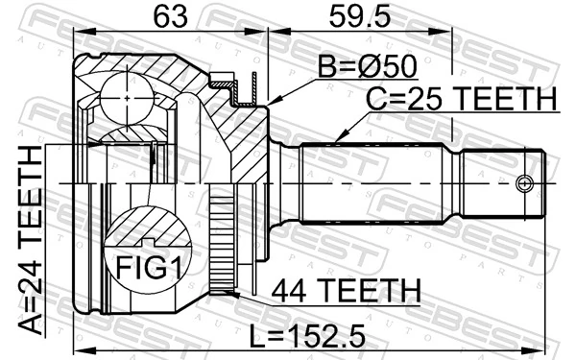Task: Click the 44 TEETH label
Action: (345, 288)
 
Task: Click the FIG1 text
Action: (143, 264)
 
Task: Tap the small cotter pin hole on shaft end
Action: (524, 182)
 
